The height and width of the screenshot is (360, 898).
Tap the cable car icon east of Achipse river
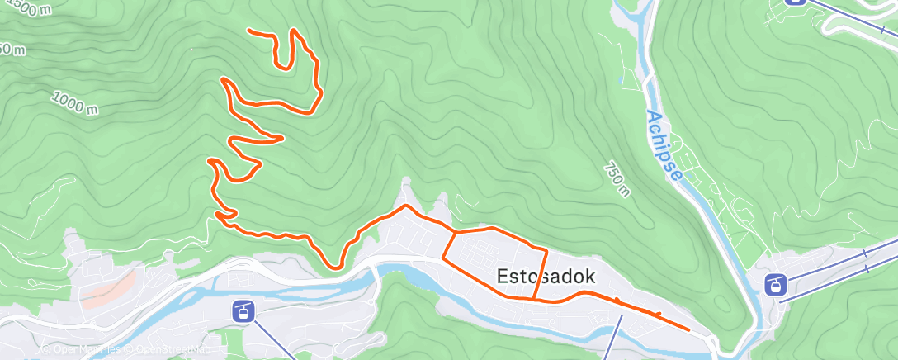pos(775,285)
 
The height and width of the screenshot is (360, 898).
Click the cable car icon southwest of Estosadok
pos(243,311)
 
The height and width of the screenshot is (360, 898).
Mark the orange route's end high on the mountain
pos(249,31)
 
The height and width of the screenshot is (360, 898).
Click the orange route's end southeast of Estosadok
pos(688,329)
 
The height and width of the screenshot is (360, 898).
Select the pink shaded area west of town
pos(107,287)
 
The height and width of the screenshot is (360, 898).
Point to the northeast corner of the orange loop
pos(547,248)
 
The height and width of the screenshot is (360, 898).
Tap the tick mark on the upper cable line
pos(864,252)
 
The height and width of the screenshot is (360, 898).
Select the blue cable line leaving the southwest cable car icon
pos(272,339)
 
